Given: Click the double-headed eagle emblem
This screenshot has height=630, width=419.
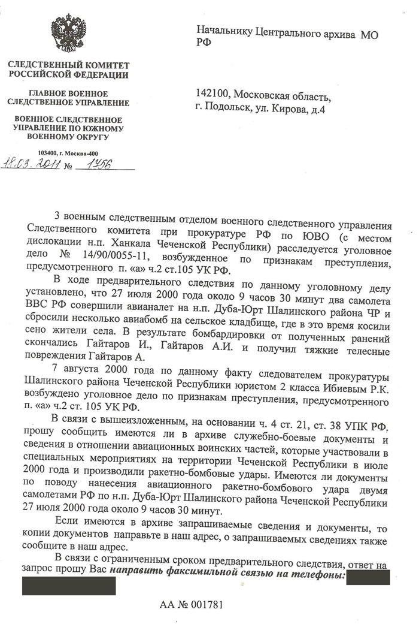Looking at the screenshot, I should tap(67, 34).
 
